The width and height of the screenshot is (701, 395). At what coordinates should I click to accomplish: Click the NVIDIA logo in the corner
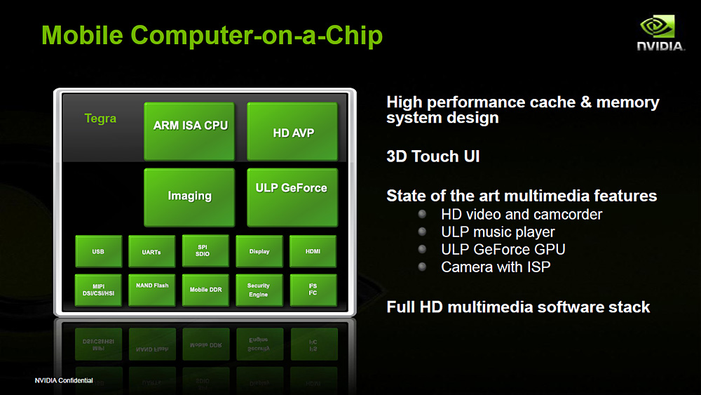[x=660, y=33]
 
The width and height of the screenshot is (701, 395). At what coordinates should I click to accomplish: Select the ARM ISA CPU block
[x=189, y=131]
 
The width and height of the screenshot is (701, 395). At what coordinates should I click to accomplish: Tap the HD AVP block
[x=292, y=131]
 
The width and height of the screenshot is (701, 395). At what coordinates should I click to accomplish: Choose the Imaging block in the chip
[x=189, y=197]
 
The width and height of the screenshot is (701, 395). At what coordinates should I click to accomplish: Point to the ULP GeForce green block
[x=292, y=197]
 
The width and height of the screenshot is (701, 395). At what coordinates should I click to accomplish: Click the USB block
[x=98, y=251]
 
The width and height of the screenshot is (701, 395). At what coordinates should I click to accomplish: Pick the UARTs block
[x=151, y=251]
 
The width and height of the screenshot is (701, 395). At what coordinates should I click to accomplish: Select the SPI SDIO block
[x=205, y=251]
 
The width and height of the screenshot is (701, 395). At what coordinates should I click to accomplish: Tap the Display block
[x=259, y=251]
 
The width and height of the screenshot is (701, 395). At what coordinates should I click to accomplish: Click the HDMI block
[x=313, y=251]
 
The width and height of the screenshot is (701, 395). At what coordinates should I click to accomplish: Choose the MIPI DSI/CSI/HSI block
[x=98, y=290]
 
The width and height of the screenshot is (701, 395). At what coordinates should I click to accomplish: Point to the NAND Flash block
[x=151, y=290]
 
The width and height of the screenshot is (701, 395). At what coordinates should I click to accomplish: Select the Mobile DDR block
[x=205, y=290]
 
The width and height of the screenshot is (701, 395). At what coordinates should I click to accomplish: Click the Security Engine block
[x=259, y=290]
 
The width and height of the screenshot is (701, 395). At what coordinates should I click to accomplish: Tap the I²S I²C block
[x=313, y=290]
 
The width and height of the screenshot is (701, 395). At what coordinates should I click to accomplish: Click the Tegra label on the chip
[x=100, y=119]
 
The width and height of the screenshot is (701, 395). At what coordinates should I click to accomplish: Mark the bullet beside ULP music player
[x=422, y=232]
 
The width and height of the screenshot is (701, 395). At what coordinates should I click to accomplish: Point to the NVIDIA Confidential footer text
[x=64, y=380]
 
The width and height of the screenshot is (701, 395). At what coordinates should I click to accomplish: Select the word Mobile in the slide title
[x=82, y=35]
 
